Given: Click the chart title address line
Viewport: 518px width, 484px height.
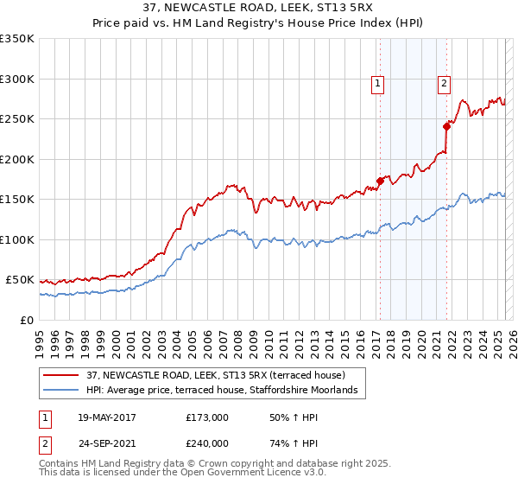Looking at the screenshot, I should pyautogui.click(x=259, y=8).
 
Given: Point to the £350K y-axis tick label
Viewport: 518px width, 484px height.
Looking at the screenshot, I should pyautogui.click(x=17, y=39).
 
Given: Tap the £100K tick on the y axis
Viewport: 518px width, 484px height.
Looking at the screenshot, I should pyautogui.click(x=17, y=239).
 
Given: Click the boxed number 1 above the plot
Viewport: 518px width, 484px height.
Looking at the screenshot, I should pyautogui.click(x=378, y=84).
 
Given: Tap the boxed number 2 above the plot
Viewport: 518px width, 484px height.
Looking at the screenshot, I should pyautogui.click(x=444, y=84).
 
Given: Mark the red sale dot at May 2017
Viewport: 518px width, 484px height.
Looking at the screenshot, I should pyautogui.click(x=379, y=181).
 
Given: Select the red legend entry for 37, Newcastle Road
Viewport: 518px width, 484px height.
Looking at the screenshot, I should pyautogui.click(x=216, y=375).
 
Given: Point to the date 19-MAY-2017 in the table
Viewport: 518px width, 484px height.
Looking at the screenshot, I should pyautogui.click(x=107, y=417).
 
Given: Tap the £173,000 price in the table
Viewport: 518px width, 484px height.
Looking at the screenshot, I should pyautogui.click(x=207, y=417).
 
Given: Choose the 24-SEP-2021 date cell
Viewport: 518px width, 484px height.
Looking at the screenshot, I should pyautogui.click(x=107, y=442).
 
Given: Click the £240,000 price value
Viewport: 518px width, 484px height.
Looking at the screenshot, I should pyautogui.click(x=207, y=442).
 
